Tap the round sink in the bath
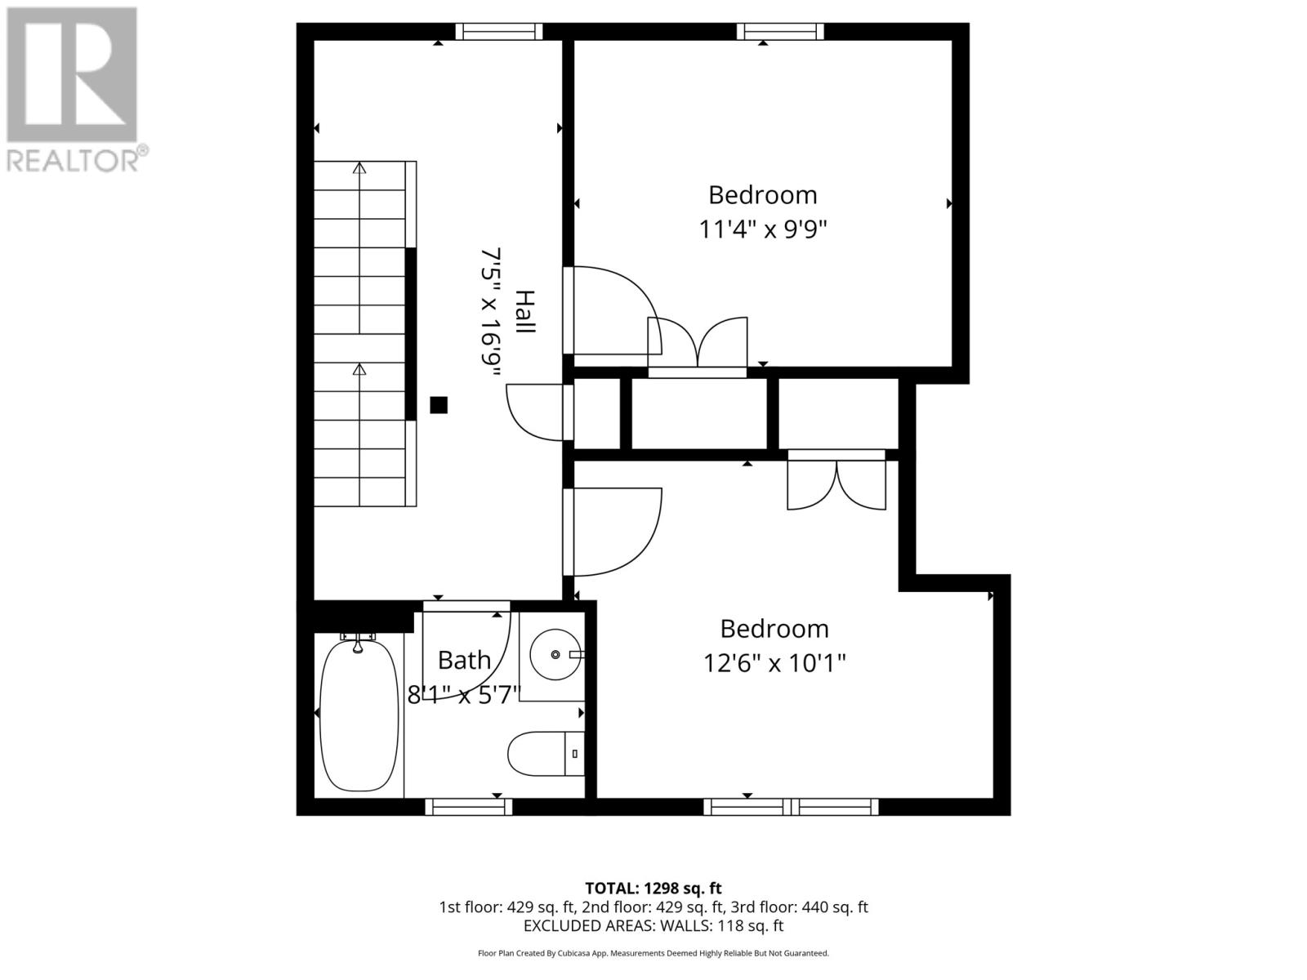[x=555, y=654]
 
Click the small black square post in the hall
[x=439, y=404]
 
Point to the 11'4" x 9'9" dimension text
[x=763, y=229]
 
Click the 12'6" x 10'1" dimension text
[x=774, y=662]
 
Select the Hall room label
[x=524, y=311]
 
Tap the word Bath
[x=464, y=660]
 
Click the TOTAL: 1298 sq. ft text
[x=653, y=888]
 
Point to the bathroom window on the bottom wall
[x=469, y=807]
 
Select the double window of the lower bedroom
[x=791, y=807]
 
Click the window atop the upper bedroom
[x=780, y=32]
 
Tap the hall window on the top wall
[x=498, y=32]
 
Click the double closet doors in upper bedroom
[x=698, y=343]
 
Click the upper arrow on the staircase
[x=359, y=169]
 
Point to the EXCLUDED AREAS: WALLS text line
[x=653, y=926]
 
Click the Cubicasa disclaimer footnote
[x=653, y=953]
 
